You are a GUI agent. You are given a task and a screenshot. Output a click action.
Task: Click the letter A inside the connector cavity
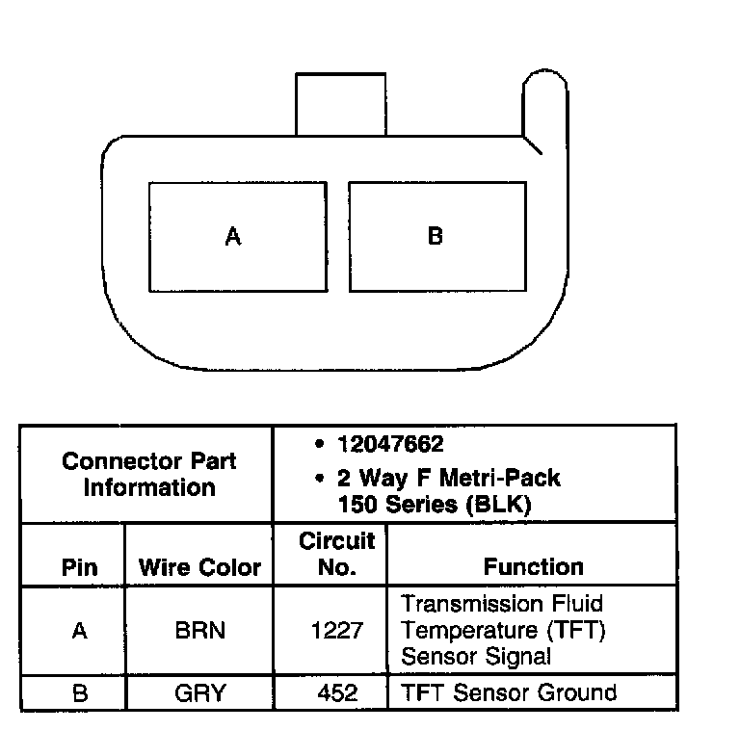(x=232, y=236)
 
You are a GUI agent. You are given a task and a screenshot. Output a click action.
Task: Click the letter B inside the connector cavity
(x=435, y=236)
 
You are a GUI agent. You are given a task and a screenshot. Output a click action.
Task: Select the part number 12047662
(x=390, y=445)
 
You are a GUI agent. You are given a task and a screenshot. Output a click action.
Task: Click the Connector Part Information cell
(x=148, y=474)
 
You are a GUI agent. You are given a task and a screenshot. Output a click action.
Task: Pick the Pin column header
(x=79, y=566)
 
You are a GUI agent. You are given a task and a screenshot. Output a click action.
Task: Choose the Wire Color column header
(x=199, y=566)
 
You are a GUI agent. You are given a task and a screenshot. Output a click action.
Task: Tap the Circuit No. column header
(x=336, y=554)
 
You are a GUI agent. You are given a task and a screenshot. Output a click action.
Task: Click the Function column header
(x=533, y=566)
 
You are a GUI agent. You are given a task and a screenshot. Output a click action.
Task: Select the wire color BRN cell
(x=199, y=631)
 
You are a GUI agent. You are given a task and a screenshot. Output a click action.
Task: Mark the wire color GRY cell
(x=199, y=692)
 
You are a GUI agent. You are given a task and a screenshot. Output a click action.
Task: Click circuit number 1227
(x=336, y=631)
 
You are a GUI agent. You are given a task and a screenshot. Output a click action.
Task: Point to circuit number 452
(x=336, y=692)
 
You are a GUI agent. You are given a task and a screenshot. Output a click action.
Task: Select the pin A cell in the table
(x=79, y=631)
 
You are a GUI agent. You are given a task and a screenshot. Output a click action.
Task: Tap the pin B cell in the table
(x=79, y=692)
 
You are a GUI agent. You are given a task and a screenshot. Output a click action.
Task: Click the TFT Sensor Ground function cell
(x=508, y=692)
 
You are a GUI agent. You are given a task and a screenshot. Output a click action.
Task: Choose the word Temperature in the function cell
(x=462, y=631)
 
